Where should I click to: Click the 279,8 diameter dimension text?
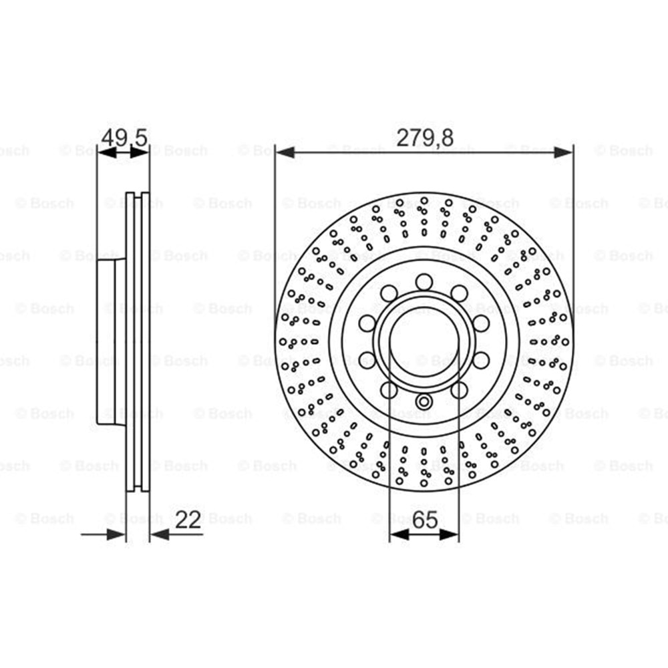[425, 138]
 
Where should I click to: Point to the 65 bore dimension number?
[425, 520]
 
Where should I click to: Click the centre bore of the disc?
[424, 341]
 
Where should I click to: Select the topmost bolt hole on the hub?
[424, 282]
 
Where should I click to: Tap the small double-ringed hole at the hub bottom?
[424, 401]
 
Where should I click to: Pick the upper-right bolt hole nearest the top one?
[459, 293]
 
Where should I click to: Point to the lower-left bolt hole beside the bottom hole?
[389, 389]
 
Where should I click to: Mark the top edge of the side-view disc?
[138, 194]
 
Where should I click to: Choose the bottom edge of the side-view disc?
[138, 490]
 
